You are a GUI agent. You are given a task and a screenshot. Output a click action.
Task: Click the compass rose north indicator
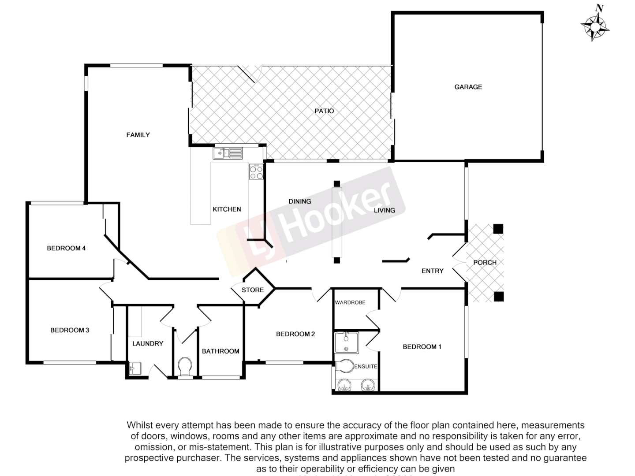coord(595,24)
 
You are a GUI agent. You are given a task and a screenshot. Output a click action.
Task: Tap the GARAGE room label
coord(468,87)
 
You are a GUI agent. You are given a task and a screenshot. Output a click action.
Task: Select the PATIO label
coord(324,111)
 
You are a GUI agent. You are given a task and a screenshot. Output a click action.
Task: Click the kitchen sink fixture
coord(228,153)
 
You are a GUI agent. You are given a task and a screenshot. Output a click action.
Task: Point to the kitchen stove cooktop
coord(256,172)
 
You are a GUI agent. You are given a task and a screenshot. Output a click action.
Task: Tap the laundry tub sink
coord(134,368)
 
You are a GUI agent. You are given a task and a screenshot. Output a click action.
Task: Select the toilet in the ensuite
coord(344,366)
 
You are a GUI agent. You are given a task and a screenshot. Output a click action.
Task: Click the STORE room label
coord(253,290)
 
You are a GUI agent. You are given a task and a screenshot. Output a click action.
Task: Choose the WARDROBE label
coord(350,302)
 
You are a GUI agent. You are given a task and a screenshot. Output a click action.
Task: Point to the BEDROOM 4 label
coord(66,248)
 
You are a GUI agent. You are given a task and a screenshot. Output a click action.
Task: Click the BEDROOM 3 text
coord(70,330)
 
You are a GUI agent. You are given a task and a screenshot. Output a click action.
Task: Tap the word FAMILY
coord(138,135)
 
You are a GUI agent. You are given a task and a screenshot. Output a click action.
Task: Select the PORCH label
coord(485,262)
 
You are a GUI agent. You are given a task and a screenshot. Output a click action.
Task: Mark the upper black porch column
coord(498,229)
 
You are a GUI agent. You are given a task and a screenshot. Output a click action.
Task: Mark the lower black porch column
coord(498,297)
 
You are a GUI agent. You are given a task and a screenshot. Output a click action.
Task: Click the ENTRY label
coord(432,271)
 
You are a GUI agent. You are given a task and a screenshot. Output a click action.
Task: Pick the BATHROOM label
coord(220,351)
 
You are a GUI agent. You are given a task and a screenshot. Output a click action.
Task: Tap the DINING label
coord(300,201)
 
